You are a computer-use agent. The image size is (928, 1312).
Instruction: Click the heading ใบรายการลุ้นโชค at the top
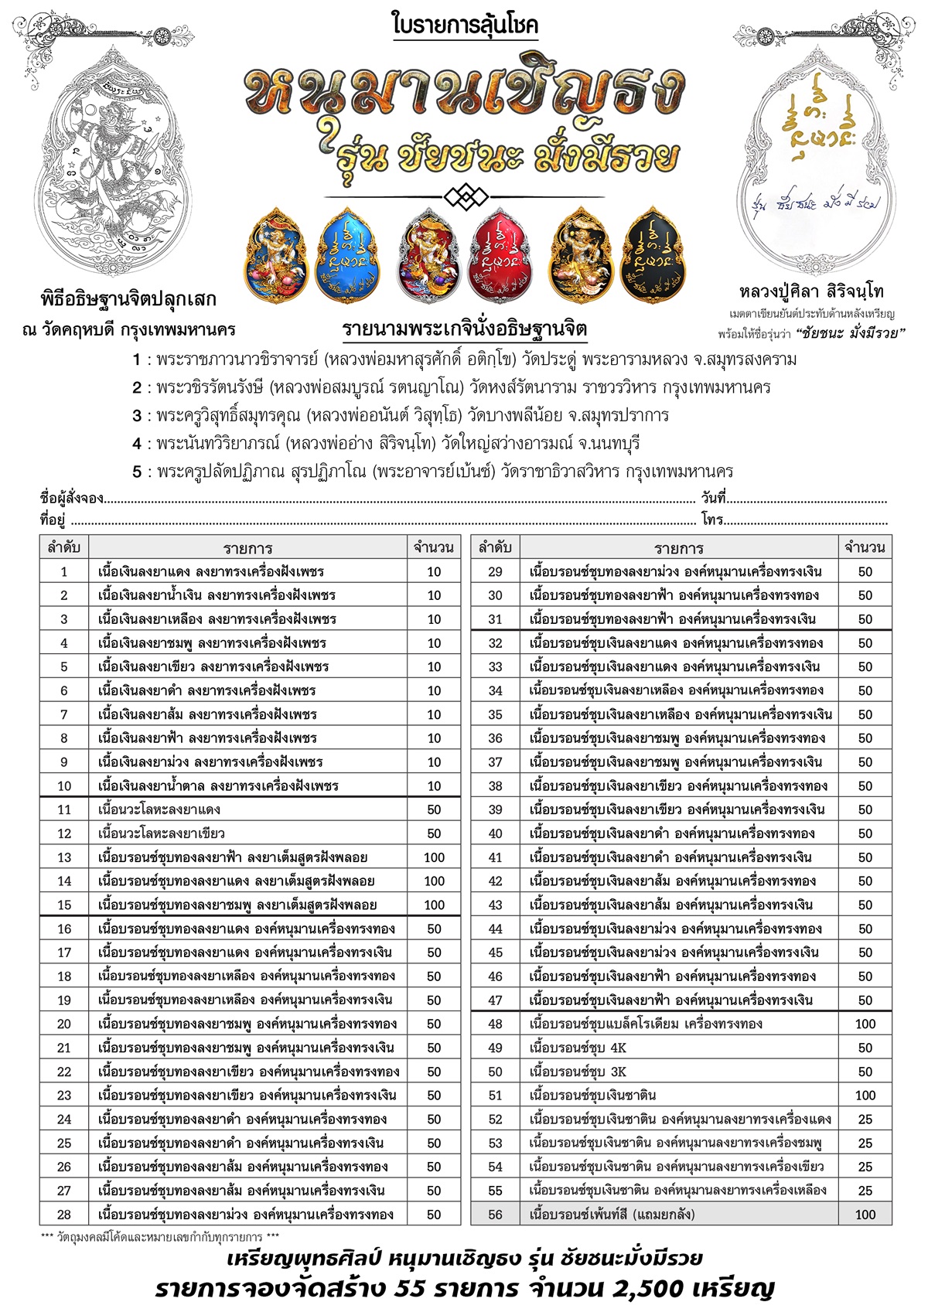pyautogui.click(x=465, y=26)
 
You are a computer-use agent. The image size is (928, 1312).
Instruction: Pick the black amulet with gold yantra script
pyautogui.click(x=652, y=254)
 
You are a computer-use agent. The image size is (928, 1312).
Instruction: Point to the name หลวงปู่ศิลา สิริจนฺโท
pyautogui.click(x=811, y=292)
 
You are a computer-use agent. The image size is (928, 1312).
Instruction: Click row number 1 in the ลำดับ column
pyautogui.click(x=64, y=572)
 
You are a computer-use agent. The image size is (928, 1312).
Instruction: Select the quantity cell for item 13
pyautogui.click(x=434, y=857)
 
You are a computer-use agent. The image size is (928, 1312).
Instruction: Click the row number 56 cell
pyautogui.click(x=495, y=1215)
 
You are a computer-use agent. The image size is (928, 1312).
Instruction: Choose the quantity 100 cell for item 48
pyautogui.click(x=865, y=1024)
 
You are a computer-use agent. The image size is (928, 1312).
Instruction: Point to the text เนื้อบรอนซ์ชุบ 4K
pyautogui.click(x=578, y=1048)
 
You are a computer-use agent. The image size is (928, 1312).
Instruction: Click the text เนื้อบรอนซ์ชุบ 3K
pyautogui.click(x=578, y=1072)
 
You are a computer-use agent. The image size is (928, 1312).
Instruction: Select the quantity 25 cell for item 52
pyautogui.click(x=865, y=1119)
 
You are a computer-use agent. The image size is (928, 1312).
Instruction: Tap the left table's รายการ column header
pyautogui.click(x=247, y=548)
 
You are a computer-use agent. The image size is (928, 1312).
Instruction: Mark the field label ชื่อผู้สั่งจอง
pyautogui.click(x=71, y=499)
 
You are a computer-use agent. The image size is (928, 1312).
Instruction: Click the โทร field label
pyautogui.click(x=711, y=520)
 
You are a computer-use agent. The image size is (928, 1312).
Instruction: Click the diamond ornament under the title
pyautogui.click(x=464, y=196)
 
